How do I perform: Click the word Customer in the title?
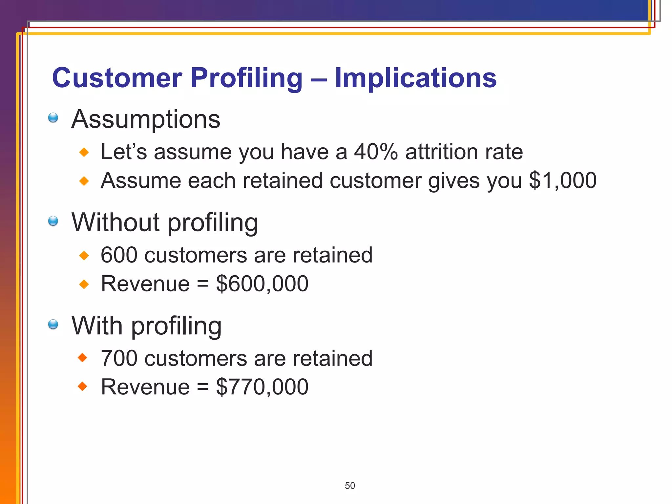tap(117, 78)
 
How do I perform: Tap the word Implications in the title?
tap(415, 78)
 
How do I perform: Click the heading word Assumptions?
tap(146, 119)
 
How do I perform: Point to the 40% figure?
tap(376, 152)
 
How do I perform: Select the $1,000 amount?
tap(563, 180)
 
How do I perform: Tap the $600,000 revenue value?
tap(262, 283)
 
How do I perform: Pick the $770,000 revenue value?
tap(262, 387)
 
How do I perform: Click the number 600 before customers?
tap(119, 255)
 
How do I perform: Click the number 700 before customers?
tap(119, 358)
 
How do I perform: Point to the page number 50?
tap(350, 486)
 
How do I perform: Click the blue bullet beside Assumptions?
tap(53, 117)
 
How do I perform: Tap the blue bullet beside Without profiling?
tap(53, 221)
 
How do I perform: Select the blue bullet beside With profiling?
tap(53, 324)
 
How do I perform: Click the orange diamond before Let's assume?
tap(84, 152)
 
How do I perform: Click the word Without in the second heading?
tap(116, 222)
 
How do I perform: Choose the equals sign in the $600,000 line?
tap(203, 284)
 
